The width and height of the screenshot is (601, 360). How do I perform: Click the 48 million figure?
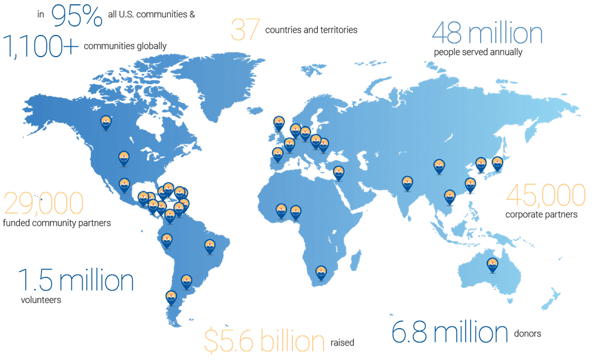(x=487, y=33)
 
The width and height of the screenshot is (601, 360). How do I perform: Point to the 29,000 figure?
(x=43, y=204)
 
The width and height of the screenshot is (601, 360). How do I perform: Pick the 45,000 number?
(x=546, y=196)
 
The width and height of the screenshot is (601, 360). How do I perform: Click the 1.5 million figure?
(x=75, y=281)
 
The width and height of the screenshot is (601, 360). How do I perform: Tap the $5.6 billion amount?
(x=264, y=341)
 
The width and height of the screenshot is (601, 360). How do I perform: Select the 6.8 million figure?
(x=449, y=332)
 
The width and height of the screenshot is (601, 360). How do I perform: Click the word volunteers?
(x=41, y=298)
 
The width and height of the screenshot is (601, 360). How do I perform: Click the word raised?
(x=342, y=342)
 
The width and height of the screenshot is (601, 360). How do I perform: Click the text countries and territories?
(x=311, y=29)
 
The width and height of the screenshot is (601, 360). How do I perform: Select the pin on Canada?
(x=106, y=122)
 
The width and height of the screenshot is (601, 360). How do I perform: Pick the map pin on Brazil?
(x=209, y=246)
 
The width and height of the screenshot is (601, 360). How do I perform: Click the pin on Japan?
(x=497, y=163)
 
